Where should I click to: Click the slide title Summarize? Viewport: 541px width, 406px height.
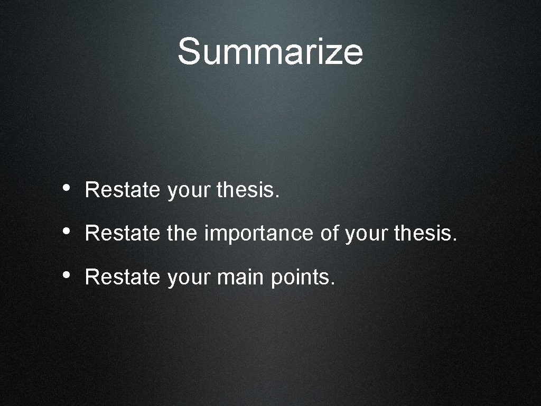tap(270, 51)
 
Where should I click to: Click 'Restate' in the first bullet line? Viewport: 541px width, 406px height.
tap(122, 190)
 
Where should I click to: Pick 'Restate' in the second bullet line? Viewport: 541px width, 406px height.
tap(122, 233)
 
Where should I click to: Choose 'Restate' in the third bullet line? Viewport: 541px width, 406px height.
tap(122, 276)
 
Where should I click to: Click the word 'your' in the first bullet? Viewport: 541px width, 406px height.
tap(189, 191)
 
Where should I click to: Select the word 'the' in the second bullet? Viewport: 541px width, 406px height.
tap(182, 233)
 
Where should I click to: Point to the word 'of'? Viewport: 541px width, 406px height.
tap(330, 233)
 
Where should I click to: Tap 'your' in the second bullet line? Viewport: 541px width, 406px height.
tap(367, 234)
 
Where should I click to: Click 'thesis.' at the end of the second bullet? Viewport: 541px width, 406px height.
tap(425, 233)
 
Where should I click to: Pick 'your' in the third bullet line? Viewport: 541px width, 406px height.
tap(189, 278)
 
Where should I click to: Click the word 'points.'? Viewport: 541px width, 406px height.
tap(303, 277)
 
